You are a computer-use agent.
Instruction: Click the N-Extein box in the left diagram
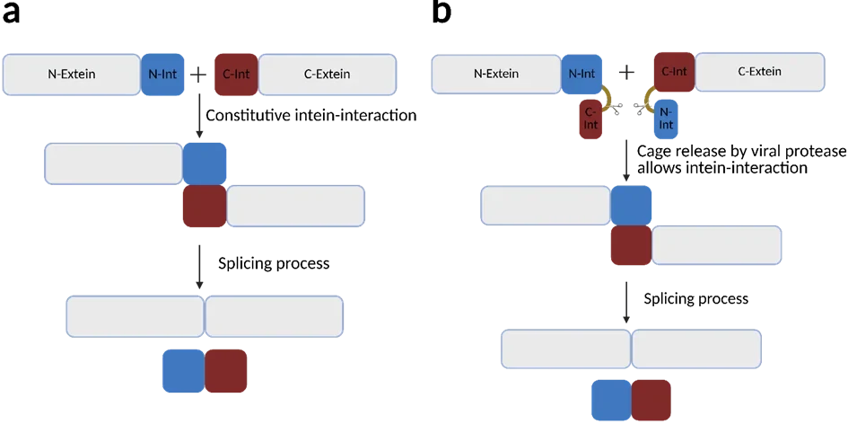[x=72, y=75]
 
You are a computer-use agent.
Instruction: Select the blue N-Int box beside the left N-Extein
[x=162, y=75]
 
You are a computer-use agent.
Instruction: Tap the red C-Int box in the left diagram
[x=236, y=75]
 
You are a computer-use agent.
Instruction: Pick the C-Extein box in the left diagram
[x=328, y=75]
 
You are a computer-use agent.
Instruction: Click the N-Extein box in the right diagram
[x=496, y=74]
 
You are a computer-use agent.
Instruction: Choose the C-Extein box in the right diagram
[x=759, y=72]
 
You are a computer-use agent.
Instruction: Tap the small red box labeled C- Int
[x=590, y=119]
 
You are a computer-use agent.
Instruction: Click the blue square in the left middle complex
[x=205, y=163]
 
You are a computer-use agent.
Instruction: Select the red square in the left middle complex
[x=204, y=207]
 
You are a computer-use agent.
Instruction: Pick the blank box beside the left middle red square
[x=295, y=206]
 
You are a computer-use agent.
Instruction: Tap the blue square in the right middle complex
[x=632, y=205]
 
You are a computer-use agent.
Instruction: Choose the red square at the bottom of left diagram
[x=227, y=372]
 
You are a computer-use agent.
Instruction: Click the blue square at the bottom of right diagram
[x=610, y=401]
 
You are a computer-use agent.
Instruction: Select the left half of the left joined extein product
[x=136, y=315]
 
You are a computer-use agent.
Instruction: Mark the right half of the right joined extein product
[x=697, y=349]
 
